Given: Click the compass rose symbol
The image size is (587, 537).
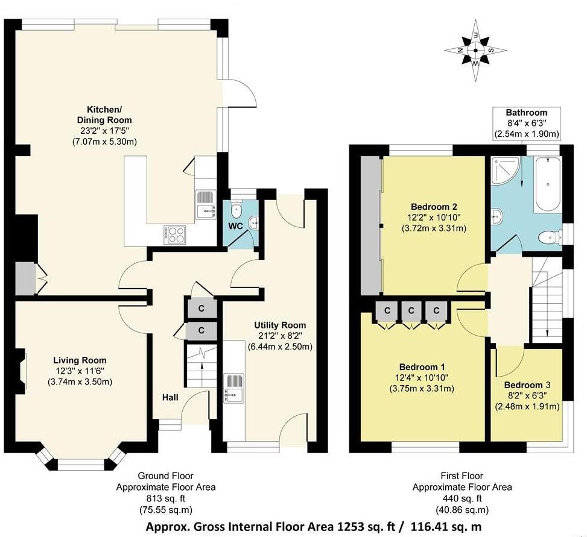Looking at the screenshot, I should (476, 49).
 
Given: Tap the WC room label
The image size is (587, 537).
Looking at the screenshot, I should (236, 227).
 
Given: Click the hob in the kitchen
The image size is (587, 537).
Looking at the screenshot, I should (176, 234).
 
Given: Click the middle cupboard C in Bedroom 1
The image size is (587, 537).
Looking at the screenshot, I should (411, 310).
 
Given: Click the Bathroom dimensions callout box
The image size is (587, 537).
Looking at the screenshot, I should (526, 123).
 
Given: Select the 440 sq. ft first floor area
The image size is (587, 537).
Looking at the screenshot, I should (462, 498).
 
